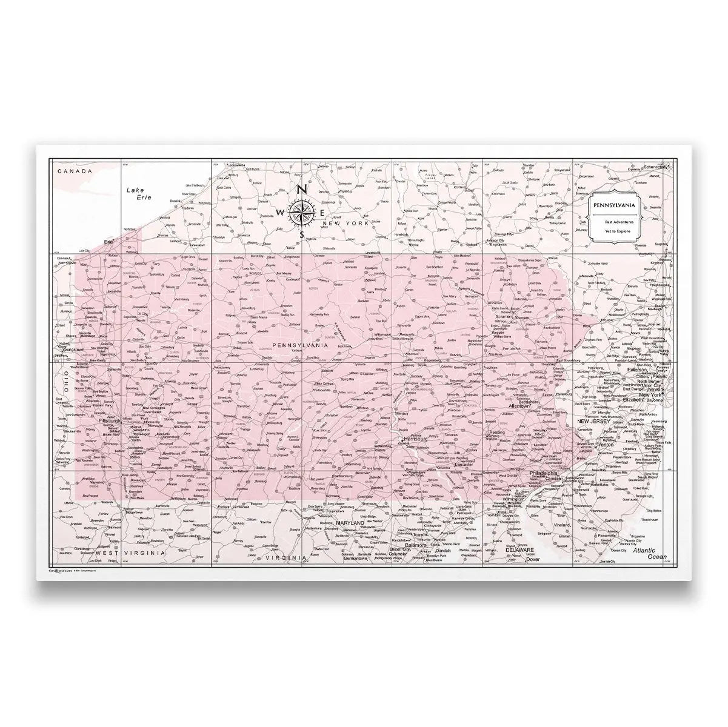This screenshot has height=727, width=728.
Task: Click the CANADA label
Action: click(x=74, y=171)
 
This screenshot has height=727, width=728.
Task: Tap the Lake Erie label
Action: click(x=138, y=193)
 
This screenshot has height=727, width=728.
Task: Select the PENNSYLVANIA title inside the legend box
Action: click(x=614, y=205)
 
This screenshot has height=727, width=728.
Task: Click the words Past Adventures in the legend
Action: click(x=614, y=222)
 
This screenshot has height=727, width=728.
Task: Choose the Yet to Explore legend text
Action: click(x=614, y=232)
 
